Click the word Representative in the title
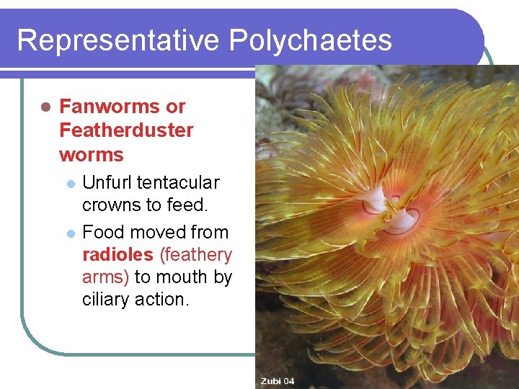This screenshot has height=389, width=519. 119,40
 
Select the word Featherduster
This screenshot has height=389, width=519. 126,130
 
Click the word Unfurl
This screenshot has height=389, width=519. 107,182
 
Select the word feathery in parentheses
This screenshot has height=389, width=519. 195,254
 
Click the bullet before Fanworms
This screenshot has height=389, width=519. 44,107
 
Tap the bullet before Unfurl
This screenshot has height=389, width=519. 70,183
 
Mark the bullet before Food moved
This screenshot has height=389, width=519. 70,233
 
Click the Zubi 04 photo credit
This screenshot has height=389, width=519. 277,381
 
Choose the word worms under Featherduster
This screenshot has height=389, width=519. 92,154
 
